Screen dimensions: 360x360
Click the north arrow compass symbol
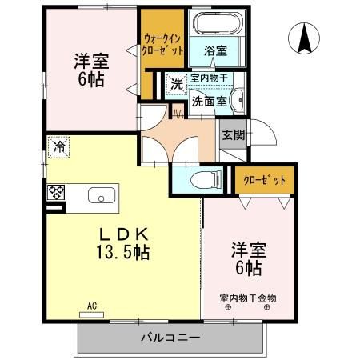304,38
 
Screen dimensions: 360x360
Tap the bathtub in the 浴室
217,23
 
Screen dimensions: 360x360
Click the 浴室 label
215,50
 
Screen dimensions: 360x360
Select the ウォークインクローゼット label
162,44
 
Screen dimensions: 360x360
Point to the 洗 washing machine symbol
177,84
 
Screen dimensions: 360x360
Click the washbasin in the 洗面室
238,100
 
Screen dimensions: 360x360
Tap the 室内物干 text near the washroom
210,78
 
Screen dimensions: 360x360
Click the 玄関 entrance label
234,135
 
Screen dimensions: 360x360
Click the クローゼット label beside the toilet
264,180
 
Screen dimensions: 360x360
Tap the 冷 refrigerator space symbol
58,147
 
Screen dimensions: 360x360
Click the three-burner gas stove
56,192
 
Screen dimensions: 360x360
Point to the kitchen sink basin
102,195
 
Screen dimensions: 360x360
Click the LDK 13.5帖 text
123,243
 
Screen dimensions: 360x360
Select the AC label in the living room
92,306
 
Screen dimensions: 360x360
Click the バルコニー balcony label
170,338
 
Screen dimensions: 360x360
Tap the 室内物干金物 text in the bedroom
248,298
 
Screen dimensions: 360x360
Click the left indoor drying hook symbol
228,307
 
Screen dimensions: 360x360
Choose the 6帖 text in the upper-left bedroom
91,79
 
